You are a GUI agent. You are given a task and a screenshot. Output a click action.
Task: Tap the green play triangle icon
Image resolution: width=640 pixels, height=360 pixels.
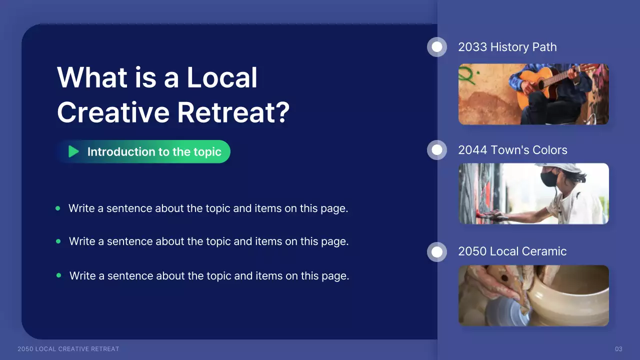point(73,151)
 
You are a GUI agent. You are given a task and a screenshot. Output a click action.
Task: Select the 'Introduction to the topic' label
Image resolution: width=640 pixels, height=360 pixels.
point(154,152)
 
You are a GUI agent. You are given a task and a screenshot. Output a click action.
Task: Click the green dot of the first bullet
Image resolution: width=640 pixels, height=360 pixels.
point(58,208)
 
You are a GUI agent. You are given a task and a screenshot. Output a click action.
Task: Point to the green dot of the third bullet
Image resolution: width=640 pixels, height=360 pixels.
point(59,275)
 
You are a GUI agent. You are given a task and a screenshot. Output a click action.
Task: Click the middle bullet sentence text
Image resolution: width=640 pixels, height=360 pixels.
point(208,241)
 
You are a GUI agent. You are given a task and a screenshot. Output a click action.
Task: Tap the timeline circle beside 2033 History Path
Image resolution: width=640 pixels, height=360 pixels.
point(437,47)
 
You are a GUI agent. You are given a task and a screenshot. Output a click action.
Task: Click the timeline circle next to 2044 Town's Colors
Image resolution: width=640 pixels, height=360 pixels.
point(437,150)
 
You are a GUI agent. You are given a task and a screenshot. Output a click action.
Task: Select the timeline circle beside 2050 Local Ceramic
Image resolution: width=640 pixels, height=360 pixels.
point(437,251)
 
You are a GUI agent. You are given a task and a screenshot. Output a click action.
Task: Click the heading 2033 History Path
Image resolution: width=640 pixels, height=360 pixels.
point(507,47)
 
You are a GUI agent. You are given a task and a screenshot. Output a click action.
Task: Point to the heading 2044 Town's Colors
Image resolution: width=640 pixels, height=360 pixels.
point(512,150)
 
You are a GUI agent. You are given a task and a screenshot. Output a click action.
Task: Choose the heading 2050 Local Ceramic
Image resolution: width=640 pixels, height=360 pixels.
point(512,251)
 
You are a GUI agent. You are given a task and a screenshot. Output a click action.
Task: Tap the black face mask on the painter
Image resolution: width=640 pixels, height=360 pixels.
point(549,178)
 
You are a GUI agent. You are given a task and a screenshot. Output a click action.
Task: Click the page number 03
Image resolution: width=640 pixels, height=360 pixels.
point(618,349)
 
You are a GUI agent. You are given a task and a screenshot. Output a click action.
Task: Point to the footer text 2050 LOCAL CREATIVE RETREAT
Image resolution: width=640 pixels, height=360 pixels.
point(68,349)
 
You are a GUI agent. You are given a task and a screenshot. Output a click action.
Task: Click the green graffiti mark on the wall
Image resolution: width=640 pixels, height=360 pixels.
point(467,75)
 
